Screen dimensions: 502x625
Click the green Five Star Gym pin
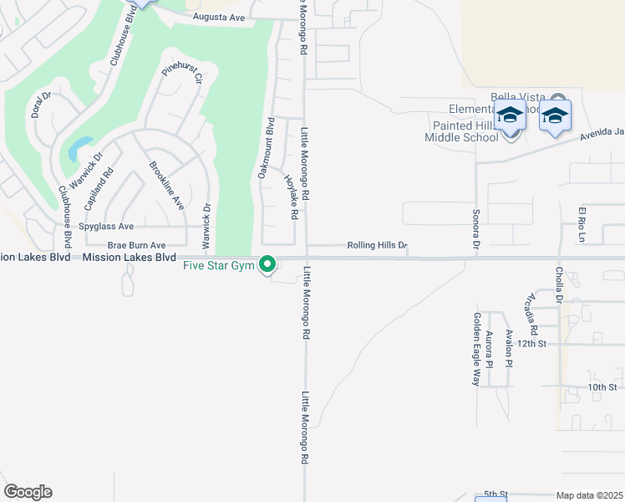coord(268,264)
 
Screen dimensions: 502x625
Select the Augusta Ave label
coord(218,17)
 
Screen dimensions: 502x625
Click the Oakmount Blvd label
coord(265,147)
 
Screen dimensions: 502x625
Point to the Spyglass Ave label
coord(106,227)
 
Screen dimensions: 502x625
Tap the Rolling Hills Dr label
coord(377,246)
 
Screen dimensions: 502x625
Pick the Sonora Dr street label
coord(475,230)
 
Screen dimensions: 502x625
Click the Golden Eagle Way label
coord(476,349)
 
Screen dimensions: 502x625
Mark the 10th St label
coord(602,387)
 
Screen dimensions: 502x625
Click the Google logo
coord(28,492)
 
